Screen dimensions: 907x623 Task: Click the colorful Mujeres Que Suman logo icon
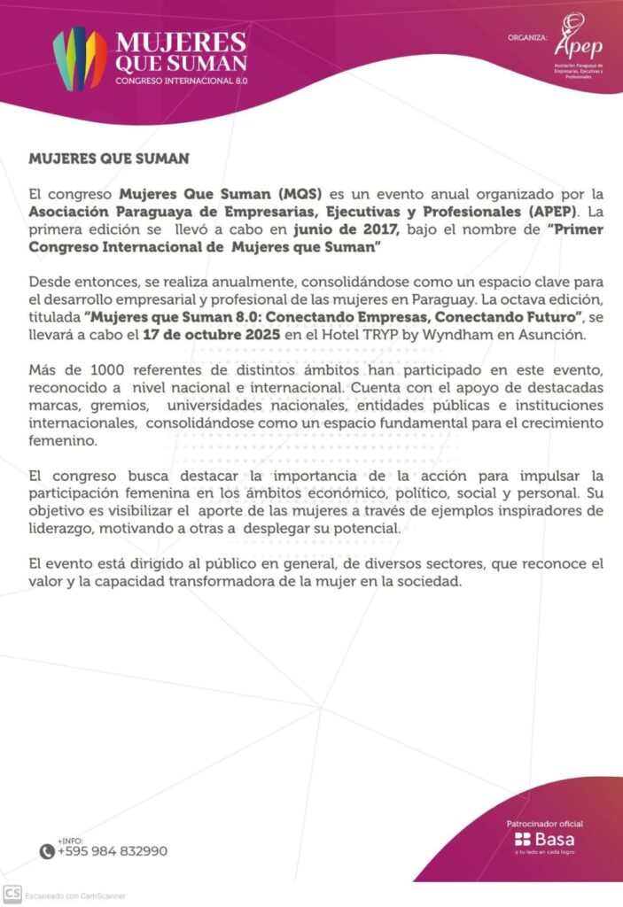pos(80,58)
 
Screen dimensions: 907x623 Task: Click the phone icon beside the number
pos(47,851)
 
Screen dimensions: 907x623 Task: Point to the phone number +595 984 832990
pos(112,851)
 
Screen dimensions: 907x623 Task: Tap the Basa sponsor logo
pos(545,839)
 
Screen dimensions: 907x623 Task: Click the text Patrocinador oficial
pos(545,823)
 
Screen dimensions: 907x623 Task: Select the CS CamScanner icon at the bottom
pos(12,895)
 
